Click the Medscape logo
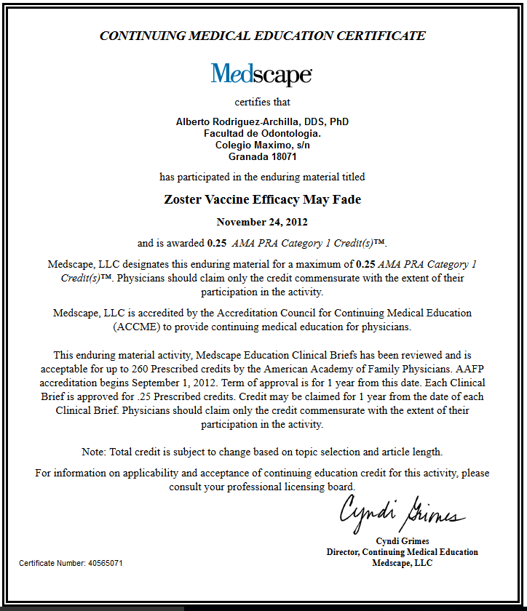click(262, 74)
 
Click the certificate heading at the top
click(262, 36)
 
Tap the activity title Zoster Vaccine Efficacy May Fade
click(262, 199)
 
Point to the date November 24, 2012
click(262, 222)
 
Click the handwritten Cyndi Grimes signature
click(402, 511)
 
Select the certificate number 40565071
click(105, 563)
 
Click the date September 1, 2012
click(169, 383)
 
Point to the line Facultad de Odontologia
click(262, 133)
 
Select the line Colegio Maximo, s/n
click(262, 145)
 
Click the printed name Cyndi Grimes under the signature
click(402, 540)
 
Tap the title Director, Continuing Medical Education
click(402, 552)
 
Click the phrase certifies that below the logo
click(262, 102)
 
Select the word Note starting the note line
click(93, 452)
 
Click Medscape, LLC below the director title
click(402, 563)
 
